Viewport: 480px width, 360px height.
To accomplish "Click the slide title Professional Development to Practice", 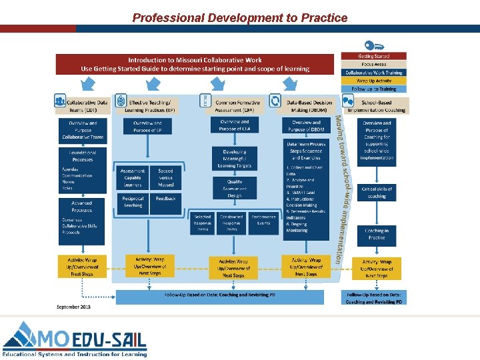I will pos(240,18).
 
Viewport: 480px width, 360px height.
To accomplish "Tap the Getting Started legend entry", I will pos(373,56).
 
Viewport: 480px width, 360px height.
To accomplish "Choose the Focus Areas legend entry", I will pos(373,64).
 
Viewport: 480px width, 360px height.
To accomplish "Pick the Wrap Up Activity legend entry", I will pos(373,80).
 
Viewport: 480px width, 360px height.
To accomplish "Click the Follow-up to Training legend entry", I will pos(373,88).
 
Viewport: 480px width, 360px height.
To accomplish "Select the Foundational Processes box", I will pos(83,156).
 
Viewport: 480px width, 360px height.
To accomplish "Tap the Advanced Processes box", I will pos(83,205).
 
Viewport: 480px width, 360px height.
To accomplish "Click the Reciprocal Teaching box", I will pos(133,201).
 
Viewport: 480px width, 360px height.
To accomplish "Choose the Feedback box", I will pos(165,199).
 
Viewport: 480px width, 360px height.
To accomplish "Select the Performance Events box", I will pos(264,223).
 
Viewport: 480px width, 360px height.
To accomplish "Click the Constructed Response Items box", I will pos(231,223).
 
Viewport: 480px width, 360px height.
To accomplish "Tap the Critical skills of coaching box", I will pos(377,193).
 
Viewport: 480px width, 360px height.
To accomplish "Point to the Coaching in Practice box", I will pos(377,233).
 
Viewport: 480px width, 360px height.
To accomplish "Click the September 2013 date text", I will pos(73,307).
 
